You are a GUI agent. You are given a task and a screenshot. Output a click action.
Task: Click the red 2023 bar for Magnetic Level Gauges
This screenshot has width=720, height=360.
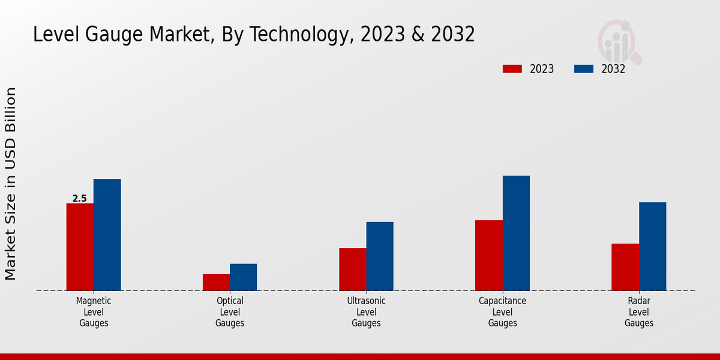(80, 247)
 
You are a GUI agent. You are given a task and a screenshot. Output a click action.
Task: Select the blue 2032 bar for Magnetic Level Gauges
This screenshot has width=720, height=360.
(107, 235)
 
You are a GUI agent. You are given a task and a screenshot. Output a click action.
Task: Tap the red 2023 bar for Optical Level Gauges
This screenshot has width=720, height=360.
(216, 282)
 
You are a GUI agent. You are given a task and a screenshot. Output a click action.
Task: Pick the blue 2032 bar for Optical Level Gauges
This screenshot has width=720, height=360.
(243, 277)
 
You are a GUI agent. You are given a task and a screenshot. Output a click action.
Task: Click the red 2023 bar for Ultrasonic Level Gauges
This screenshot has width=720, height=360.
(352, 269)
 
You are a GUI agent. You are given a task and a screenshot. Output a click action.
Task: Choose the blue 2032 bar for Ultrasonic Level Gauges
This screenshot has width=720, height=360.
(380, 256)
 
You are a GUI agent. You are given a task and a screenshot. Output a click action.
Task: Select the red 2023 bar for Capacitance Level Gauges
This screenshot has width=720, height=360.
(488, 255)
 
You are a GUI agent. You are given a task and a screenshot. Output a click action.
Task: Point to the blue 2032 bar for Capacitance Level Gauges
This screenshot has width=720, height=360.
(516, 233)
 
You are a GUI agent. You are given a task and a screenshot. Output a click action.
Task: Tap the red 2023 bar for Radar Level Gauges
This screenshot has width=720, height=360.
(625, 267)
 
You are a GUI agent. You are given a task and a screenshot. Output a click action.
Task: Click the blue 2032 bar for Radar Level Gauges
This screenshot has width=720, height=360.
(652, 246)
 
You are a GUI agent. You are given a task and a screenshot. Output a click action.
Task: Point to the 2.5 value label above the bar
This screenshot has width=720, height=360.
(79, 199)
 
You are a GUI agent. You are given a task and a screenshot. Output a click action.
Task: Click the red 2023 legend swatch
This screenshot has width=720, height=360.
(512, 69)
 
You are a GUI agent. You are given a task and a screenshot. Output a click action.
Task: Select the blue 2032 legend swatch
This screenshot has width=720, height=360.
(584, 69)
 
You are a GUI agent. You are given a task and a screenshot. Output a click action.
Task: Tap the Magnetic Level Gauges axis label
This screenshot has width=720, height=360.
(94, 312)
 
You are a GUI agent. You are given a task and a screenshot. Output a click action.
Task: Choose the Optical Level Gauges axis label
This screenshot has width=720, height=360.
(230, 312)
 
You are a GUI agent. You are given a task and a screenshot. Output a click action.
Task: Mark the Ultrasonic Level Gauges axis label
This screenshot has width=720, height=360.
(366, 312)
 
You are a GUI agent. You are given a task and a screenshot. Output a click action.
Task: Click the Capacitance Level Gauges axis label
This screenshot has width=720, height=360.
(502, 312)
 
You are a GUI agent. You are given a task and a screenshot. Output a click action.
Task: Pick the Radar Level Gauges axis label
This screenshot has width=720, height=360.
(639, 312)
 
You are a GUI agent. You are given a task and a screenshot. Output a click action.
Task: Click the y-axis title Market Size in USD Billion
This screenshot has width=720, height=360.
(11, 183)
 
